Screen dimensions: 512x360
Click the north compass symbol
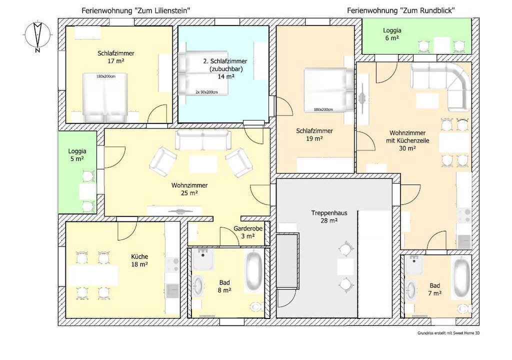[x=38, y=35]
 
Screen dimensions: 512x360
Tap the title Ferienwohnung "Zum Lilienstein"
[x=136, y=11]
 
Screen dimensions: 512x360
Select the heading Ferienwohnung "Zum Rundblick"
[x=401, y=11]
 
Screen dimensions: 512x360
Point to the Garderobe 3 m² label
[x=248, y=232]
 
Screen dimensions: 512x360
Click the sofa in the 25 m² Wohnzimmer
[x=203, y=140]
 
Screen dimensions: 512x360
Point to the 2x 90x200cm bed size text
[x=206, y=92]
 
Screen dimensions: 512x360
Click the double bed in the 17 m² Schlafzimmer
[x=104, y=97]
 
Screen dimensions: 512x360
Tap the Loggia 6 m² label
[x=392, y=34]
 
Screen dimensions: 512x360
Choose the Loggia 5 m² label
[x=77, y=155]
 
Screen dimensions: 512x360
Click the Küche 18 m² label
[x=139, y=260]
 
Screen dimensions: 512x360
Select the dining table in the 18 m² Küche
[x=93, y=274]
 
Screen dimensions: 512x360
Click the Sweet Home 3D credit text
[x=448, y=333]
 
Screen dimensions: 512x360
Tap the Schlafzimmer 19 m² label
[x=314, y=134]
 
